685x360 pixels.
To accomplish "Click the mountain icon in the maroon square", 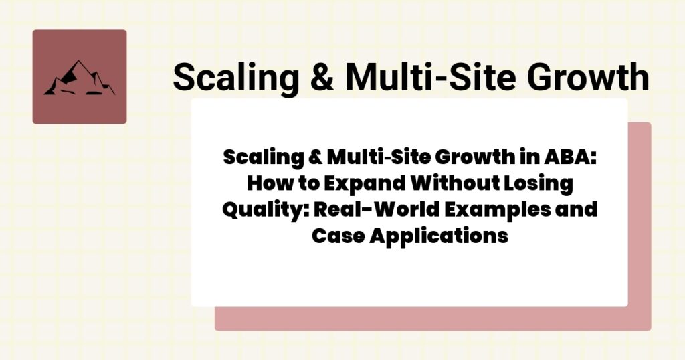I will [79, 78].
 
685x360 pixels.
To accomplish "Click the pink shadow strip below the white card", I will [428, 319].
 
